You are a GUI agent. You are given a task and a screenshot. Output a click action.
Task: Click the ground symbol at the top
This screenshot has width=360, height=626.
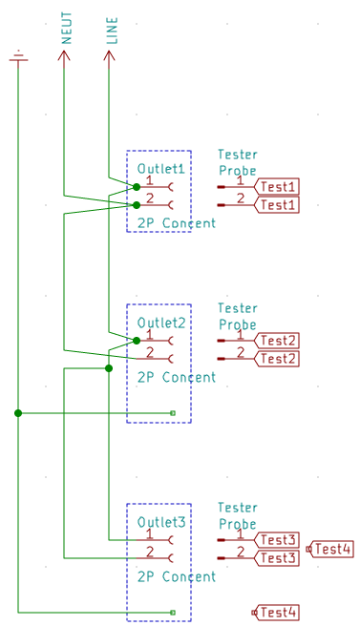[x=18, y=57]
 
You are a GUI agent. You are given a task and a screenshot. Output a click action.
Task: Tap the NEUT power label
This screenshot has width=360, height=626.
[x=66, y=28]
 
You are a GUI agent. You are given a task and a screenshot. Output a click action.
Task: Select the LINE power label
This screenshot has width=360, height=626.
[x=112, y=31]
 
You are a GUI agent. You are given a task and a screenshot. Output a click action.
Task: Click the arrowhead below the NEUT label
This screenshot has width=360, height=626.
[x=64, y=56]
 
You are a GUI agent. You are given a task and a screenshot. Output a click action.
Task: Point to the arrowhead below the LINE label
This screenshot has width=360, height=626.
[x=109, y=56]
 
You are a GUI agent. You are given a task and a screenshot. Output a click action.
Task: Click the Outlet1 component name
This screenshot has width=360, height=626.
[x=161, y=169]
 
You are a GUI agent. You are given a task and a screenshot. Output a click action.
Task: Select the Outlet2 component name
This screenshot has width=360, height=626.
[x=161, y=323]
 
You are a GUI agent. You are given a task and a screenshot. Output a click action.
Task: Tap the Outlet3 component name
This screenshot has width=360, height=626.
[x=161, y=522]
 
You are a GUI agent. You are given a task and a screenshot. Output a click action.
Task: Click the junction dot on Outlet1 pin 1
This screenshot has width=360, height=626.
[x=137, y=187]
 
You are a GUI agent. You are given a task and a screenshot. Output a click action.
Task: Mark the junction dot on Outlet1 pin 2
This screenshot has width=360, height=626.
[x=137, y=205]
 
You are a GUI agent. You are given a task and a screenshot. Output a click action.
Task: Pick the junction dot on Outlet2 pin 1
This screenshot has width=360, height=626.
[x=137, y=341]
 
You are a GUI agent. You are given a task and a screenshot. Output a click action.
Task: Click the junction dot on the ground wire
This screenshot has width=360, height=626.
[x=18, y=413]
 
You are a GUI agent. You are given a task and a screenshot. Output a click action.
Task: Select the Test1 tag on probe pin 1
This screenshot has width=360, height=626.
[x=277, y=187]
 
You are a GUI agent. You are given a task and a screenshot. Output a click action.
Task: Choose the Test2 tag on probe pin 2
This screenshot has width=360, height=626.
[x=277, y=359]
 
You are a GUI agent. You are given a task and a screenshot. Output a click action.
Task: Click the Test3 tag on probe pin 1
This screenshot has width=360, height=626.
[x=277, y=540]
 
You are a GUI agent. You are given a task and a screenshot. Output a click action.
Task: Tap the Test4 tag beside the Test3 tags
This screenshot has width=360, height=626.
[x=330, y=550]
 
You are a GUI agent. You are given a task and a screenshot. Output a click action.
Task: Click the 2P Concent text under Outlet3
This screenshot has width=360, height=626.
[x=177, y=576]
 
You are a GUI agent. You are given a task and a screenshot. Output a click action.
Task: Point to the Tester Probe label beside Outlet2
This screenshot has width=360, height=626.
[x=238, y=317]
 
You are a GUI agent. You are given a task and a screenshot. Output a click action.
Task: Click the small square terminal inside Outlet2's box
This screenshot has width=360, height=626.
[x=173, y=413]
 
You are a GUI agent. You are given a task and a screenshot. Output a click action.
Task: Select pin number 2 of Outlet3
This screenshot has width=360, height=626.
[x=150, y=552]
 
